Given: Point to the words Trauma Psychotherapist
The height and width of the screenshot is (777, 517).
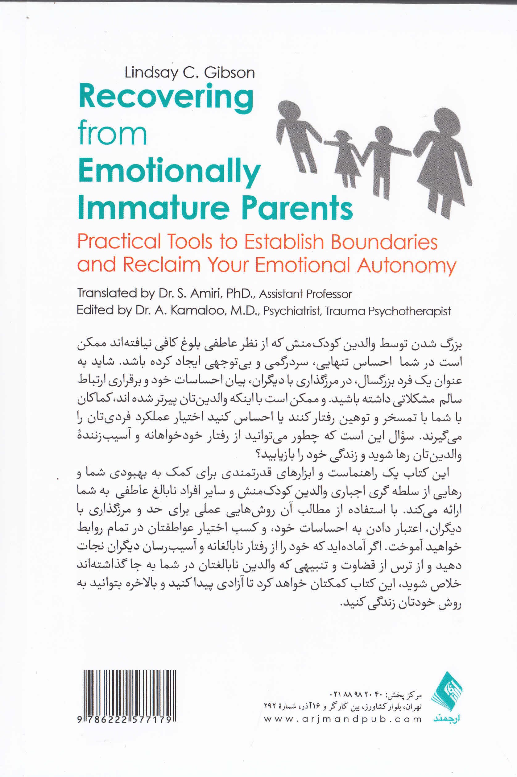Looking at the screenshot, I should (x=388, y=311).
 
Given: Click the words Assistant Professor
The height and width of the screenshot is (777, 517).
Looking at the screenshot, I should (x=305, y=294).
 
